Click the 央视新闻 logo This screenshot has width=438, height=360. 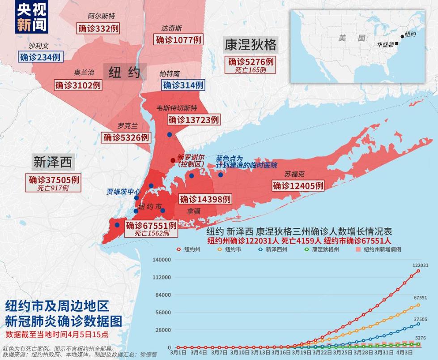[31, 17]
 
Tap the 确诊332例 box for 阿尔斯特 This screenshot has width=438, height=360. [98, 28]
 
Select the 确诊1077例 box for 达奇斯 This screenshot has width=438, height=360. [179, 39]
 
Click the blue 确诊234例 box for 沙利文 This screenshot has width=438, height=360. [40, 57]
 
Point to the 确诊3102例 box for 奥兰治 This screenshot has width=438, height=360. [78, 85]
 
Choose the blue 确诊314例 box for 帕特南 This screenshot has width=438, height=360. [183, 85]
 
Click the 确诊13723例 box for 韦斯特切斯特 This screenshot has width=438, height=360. [194, 120]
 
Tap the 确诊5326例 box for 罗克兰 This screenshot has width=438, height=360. [126, 137]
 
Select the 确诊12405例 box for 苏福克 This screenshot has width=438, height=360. [298, 185]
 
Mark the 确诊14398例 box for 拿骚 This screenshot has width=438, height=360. [205, 199]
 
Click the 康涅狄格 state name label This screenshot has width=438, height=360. [251, 45]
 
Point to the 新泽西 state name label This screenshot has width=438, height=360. [53, 162]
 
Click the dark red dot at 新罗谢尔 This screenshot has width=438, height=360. [173, 160]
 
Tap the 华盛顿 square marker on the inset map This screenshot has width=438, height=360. [397, 44]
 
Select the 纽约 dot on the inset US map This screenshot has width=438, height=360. [402, 36]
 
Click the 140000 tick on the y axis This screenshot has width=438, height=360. [162, 260]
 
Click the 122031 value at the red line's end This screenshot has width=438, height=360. [420, 265]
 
